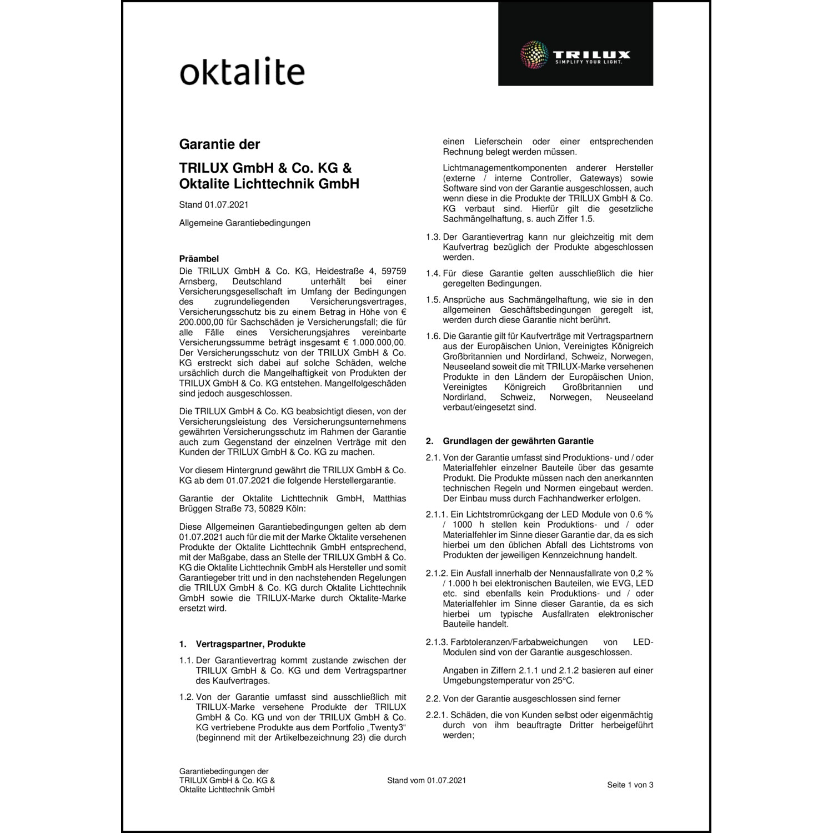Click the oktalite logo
pos(242,71)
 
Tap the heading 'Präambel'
pos(199,259)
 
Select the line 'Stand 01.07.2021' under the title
pos(214,205)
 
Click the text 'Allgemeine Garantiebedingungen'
pos(245,223)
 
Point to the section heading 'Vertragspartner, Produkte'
pos(250,644)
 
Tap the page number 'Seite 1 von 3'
pos(630,785)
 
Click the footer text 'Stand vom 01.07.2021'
pos(426,780)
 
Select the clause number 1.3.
pos(433,237)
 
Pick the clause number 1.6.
pos(433,336)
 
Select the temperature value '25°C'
pos(564,680)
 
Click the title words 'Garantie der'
pos(219,144)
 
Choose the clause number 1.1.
pos(186,660)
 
